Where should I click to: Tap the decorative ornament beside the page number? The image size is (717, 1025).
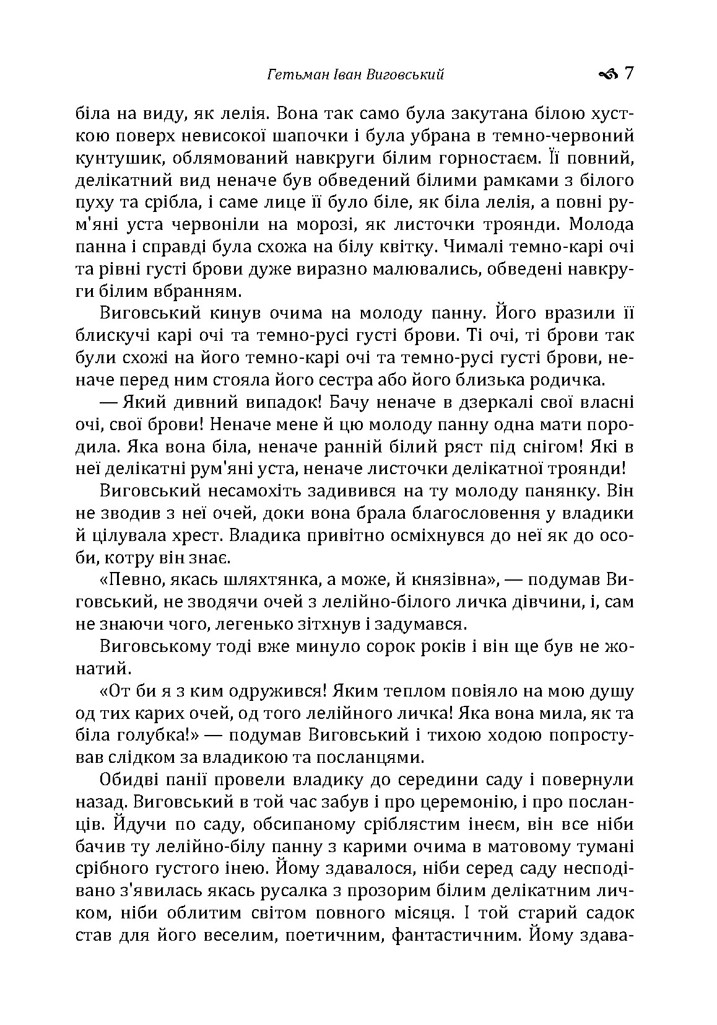608,75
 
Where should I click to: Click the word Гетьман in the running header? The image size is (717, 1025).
291,75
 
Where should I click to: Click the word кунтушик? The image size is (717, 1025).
115,159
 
